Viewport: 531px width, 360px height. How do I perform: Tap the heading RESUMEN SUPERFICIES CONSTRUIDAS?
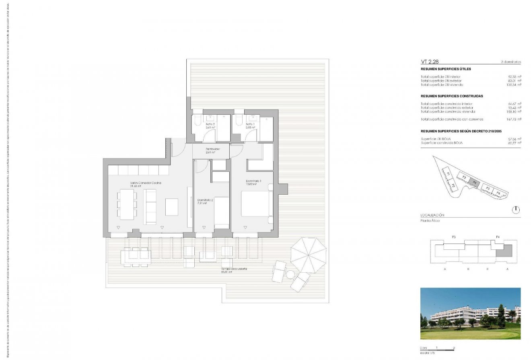(x=452, y=96)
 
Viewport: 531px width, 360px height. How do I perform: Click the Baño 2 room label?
(x=210, y=125)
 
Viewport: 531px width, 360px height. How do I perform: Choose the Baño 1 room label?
(x=250, y=125)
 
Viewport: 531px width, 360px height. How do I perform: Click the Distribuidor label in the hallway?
(x=210, y=149)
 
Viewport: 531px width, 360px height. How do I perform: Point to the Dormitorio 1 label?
(x=254, y=181)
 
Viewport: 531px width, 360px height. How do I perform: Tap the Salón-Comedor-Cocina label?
(x=145, y=183)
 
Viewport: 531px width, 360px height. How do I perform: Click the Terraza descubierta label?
(x=234, y=269)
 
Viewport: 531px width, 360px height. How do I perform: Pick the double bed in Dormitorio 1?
(x=255, y=204)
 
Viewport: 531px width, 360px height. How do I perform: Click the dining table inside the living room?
(x=127, y=204)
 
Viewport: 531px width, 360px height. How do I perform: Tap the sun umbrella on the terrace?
(x=309, y=255)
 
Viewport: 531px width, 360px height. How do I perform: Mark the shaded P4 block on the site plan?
(x=475, y=182)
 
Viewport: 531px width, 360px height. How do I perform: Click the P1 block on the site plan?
(x=448, y=173)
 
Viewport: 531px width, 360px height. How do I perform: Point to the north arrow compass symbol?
(x=516, y=210)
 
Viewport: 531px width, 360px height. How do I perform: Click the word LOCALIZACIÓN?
(x=432, y=215)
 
